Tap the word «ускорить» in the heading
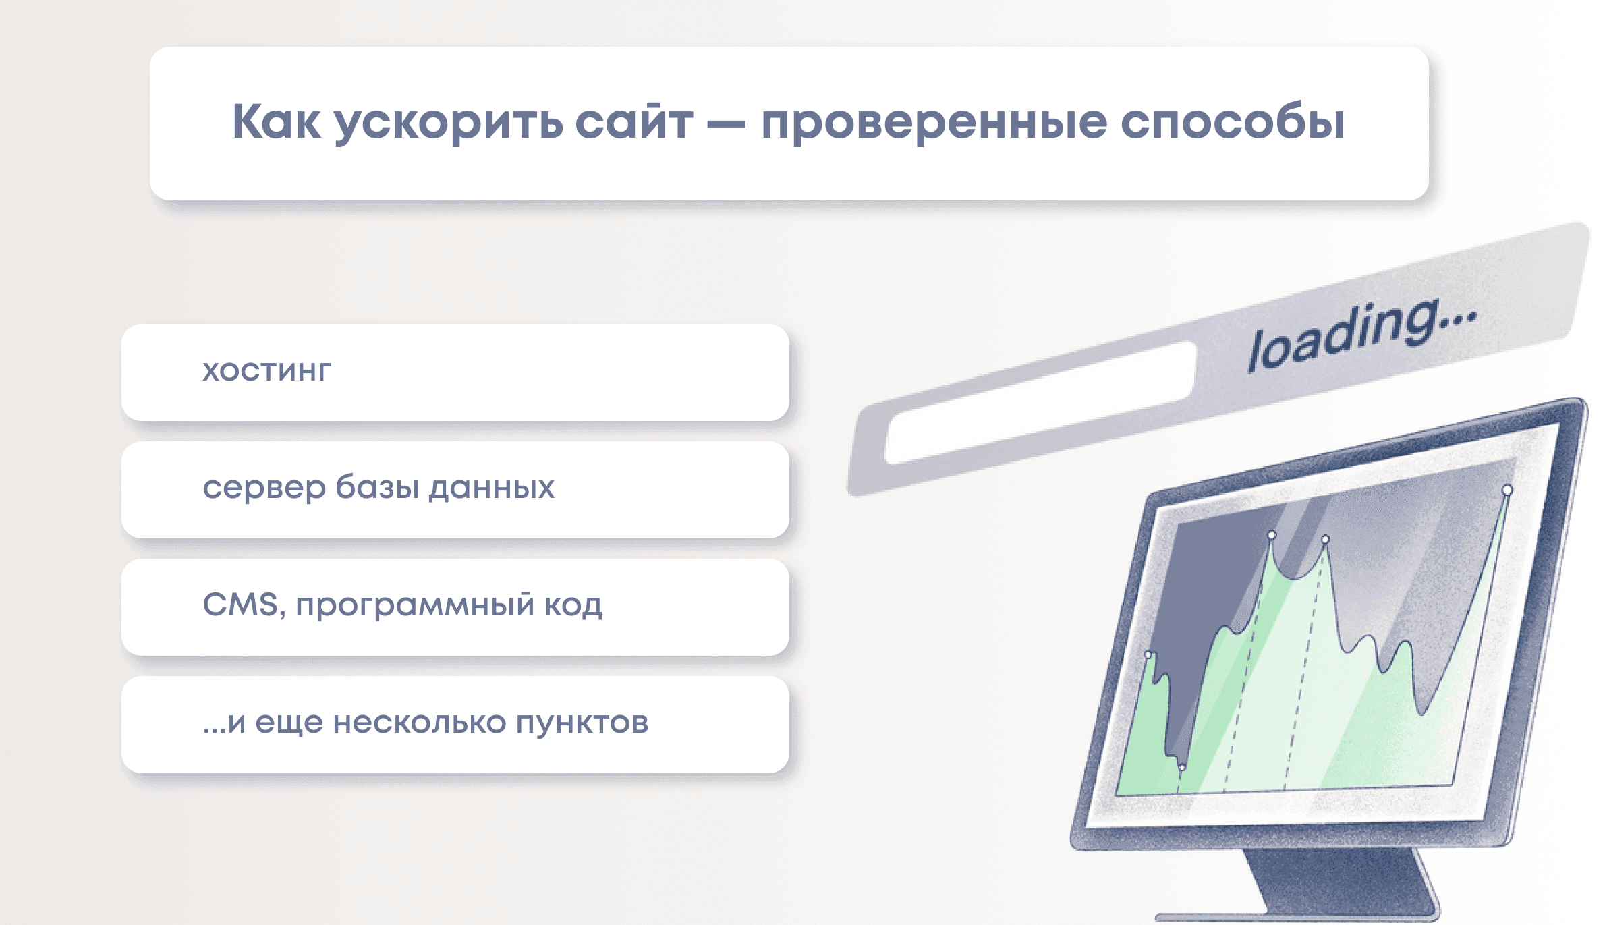[x=449, y=124]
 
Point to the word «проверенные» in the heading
[x=934, y=124]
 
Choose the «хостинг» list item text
[x=267, y=372]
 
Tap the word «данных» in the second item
[x=492, y=488]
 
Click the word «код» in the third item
[x=573, y=605]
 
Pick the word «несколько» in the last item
[x=420, y=723]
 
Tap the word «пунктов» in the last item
[x=582, y=723]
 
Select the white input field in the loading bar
[x=1040, y=402]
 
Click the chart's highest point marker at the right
[x=1507, y=490]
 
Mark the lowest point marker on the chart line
[x=1181, y=768]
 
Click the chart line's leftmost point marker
[x=1148, y=654]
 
